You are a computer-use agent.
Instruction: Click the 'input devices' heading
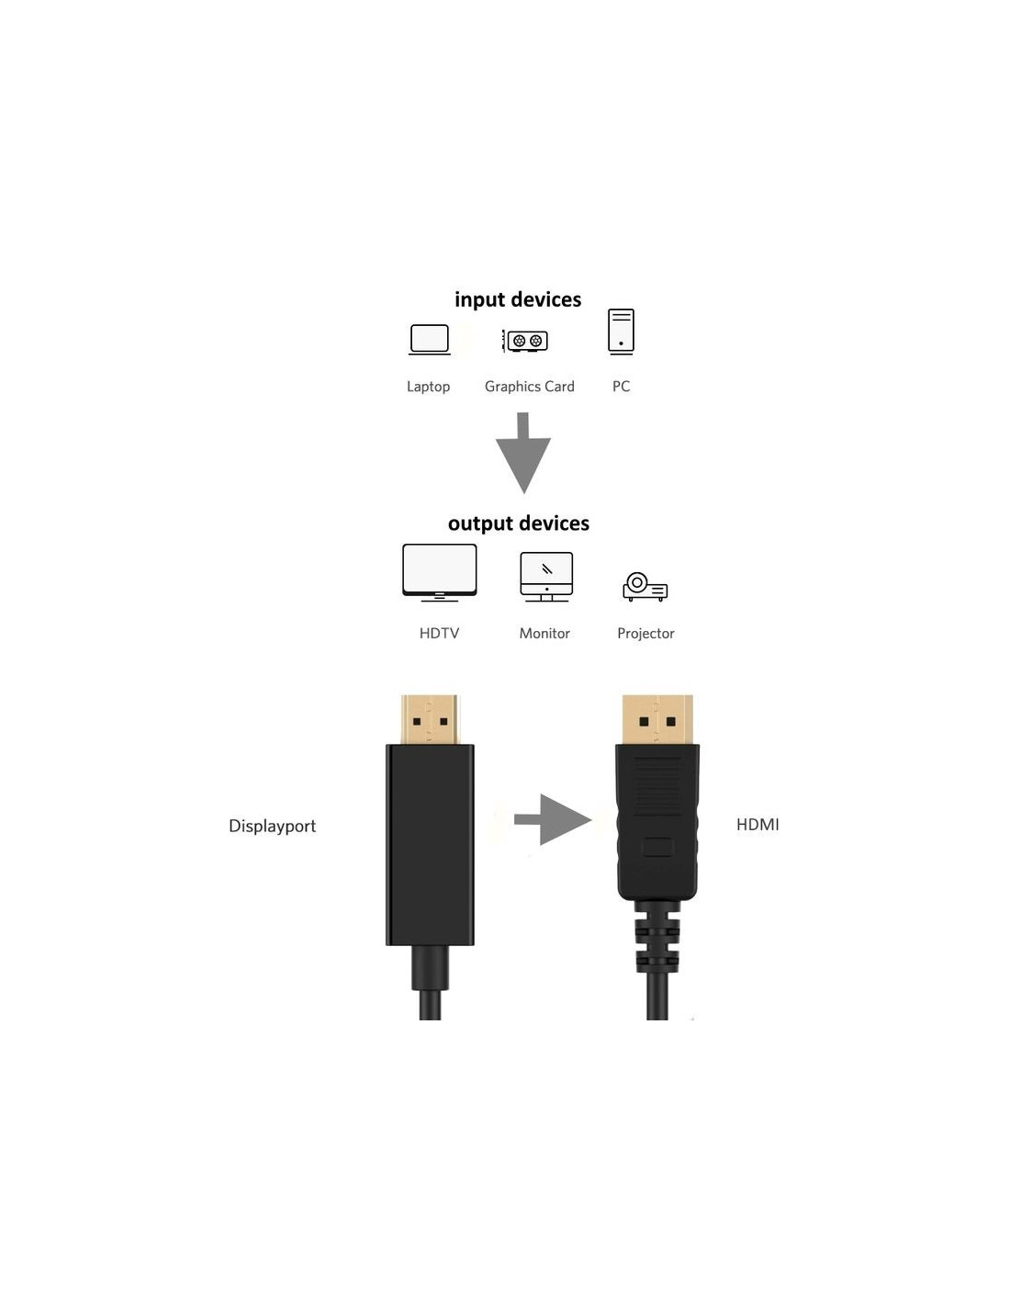[517, 299]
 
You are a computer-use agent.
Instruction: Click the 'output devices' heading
[519, 523]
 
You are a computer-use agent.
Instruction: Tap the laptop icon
[429, 340]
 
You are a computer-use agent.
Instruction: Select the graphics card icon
[525, 341]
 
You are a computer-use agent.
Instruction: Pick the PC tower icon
[621, 332]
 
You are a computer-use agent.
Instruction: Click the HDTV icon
[439, 572]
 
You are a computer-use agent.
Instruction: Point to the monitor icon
[546, 577]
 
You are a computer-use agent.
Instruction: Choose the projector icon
[645, 587]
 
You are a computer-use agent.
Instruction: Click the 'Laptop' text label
[428, 387]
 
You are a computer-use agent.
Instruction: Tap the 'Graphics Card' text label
[530, 387]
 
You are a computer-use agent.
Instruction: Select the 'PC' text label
[622, 387]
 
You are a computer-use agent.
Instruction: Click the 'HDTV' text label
[439, 633]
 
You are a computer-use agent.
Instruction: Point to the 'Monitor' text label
[544, 633]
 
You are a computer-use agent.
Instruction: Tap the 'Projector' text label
[645, 634]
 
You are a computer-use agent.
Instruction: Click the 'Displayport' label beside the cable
[272, 826]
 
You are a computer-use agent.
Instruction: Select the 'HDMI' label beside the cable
[757, 825]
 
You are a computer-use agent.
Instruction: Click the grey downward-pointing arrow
[522, 453]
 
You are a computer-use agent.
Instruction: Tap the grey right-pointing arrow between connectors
[553, 819]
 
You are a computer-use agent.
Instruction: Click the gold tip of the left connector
[429, 719]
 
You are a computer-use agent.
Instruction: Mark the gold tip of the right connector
[657, 719]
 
